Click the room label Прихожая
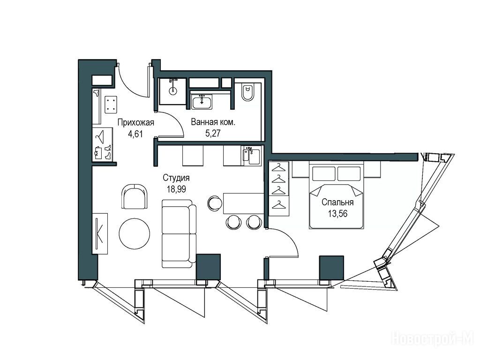point(135,123)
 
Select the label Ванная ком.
point(213,122)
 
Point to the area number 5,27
point(213,133)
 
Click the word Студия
point(176,178)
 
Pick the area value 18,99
point(176,189)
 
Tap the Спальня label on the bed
point(337,202)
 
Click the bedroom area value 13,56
point(337,214)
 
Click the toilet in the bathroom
point(247,92)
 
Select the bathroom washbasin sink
point(202,102)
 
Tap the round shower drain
point(173,90)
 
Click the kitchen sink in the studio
point(251,156)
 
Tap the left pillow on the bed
point(323,173)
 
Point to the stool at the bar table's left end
point(215,203)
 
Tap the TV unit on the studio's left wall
point(100,233)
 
